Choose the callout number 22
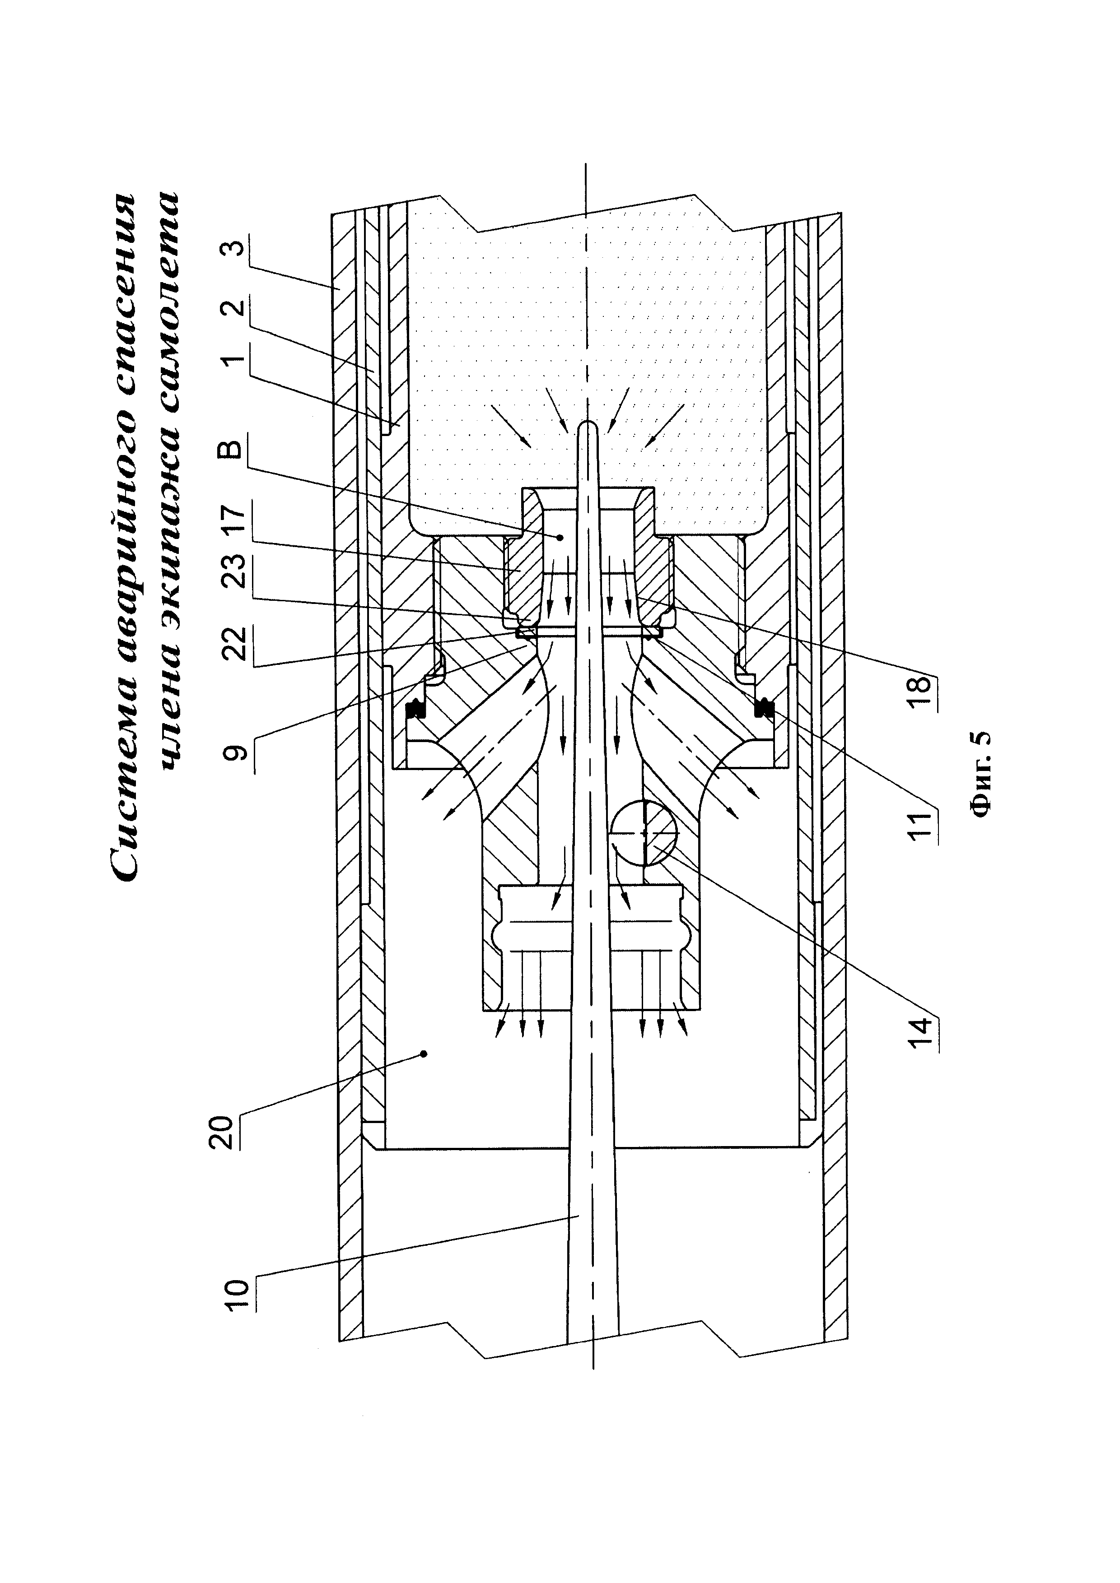coord(234,643)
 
